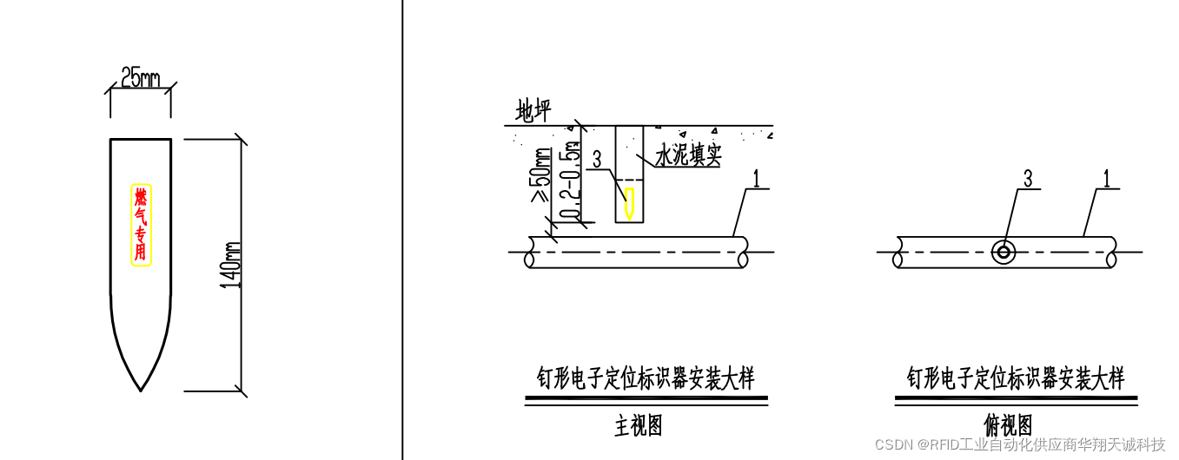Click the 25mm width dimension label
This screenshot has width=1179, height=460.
[x=139, y=78]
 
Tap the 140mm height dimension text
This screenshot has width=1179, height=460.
[x=231, y=265]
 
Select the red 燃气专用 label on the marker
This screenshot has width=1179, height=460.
[x=141, y=224]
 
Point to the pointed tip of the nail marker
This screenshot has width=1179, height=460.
[x=141, y=389]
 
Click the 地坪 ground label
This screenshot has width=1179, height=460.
[x=533, y=111]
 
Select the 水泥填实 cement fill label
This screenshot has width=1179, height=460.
[x=688, y=156]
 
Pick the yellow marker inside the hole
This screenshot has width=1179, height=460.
[x=629, y=202]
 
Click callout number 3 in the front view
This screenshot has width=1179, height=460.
[x=596, y=160]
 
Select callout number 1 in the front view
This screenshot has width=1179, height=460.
[x=756, y=179]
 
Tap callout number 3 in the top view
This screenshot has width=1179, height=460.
[x=1028, y=179]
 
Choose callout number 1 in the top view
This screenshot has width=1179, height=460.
[x=1107, y=179]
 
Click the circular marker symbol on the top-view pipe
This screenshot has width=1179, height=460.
[x=1003, y=252]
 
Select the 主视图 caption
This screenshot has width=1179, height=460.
[x=639, y=426]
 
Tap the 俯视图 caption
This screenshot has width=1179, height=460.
[x=1008, y=426]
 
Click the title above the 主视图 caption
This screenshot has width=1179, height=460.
[x=646, y=379]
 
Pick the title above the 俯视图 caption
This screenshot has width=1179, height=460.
[x=1016, y=379]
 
